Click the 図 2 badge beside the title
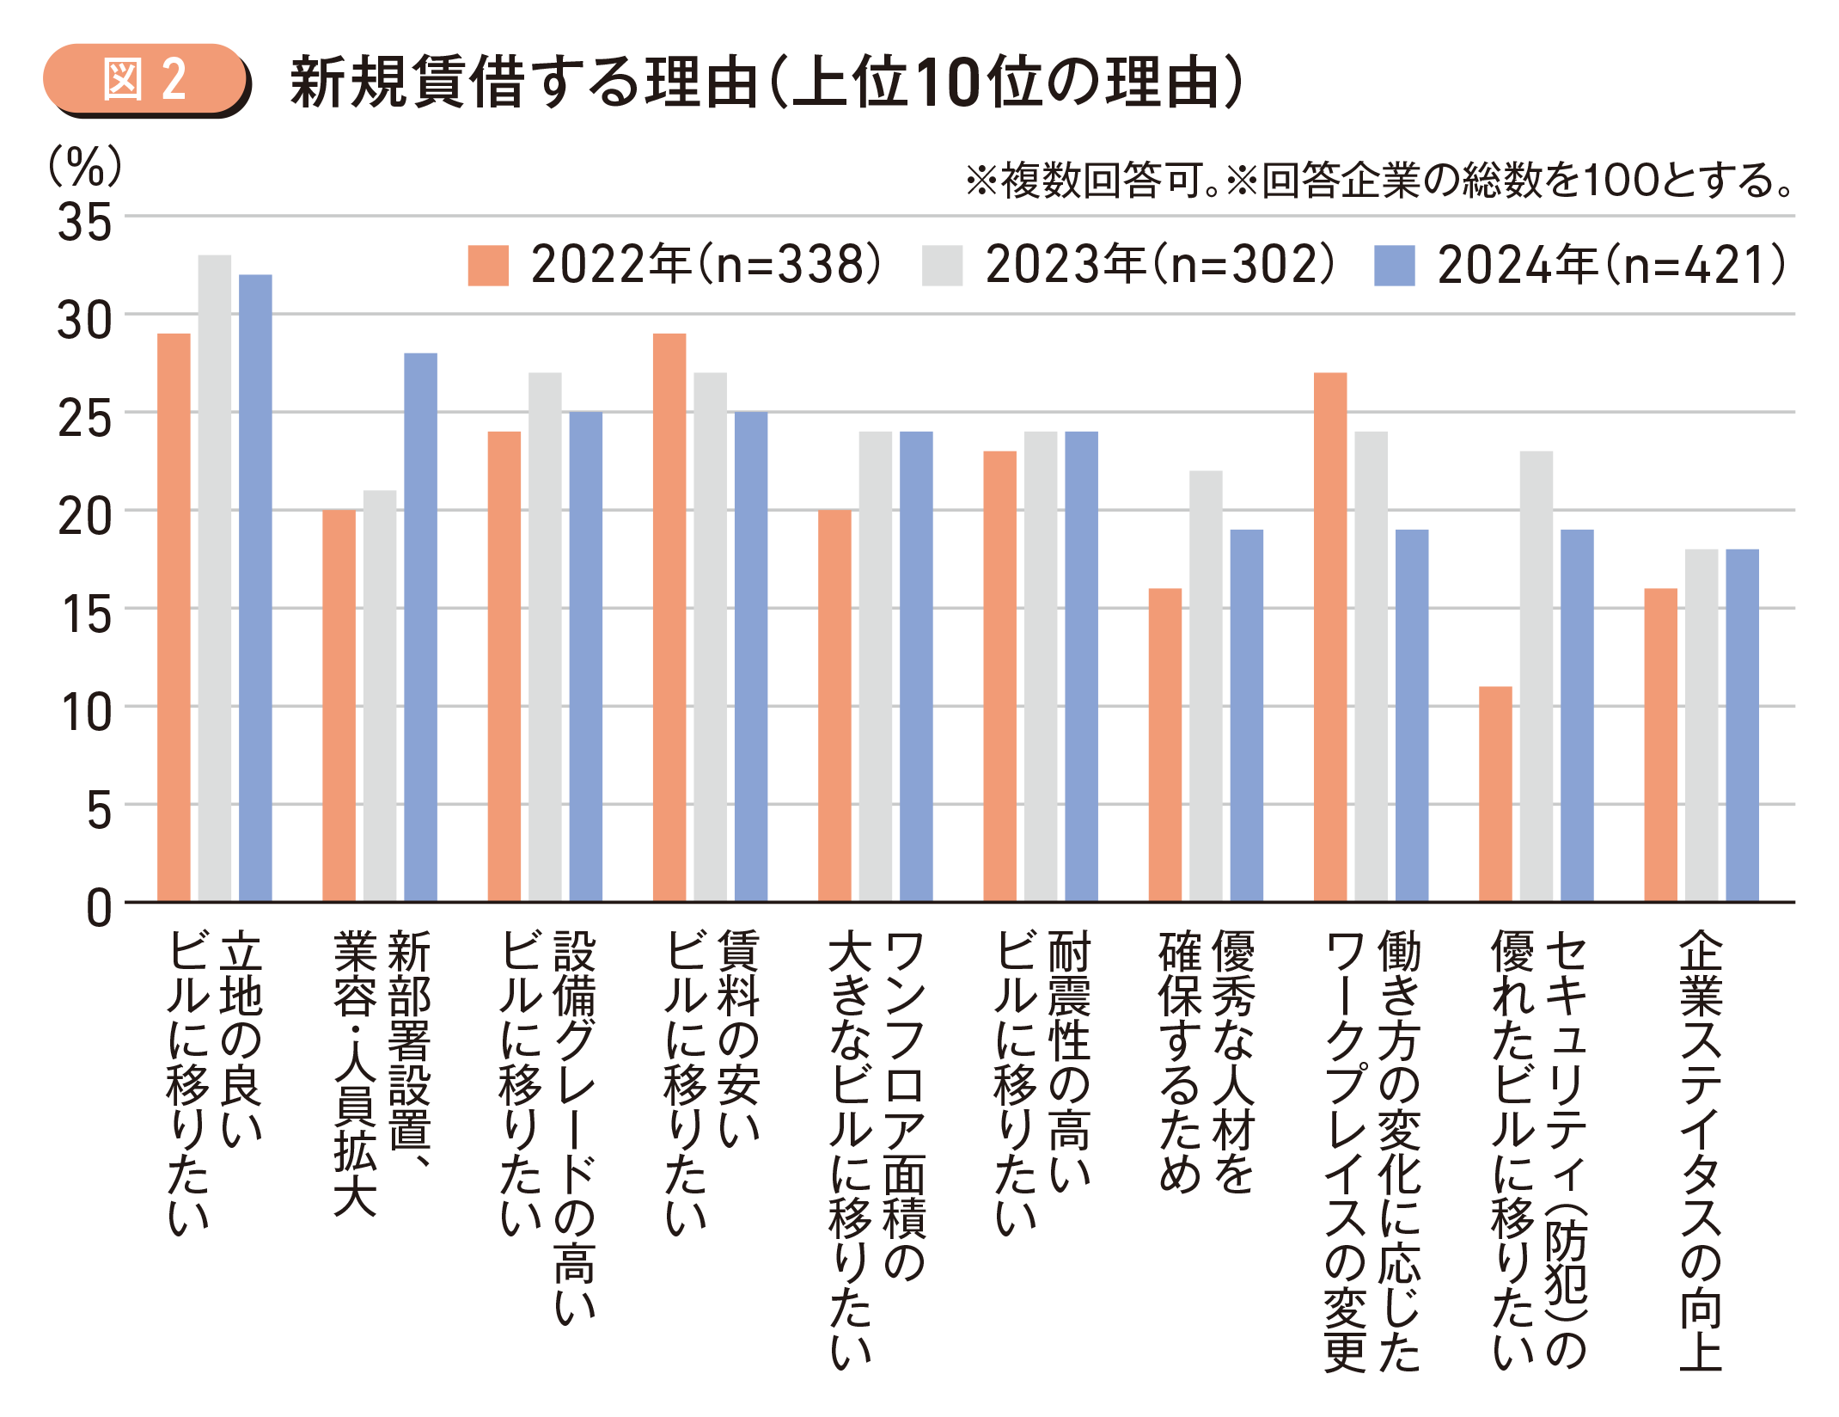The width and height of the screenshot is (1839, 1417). pos(144,79)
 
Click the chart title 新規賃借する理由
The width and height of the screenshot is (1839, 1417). pos(524,83)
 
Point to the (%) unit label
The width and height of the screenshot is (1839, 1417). pos(84,165)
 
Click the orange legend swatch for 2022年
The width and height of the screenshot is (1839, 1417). pos(487,265)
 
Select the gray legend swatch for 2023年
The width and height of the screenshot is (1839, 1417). pos(942,265)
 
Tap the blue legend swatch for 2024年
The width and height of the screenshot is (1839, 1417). pos(1394,265)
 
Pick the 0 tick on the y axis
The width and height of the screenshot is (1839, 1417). pos(98,908)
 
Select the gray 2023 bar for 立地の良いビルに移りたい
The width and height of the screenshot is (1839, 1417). pos(215,578)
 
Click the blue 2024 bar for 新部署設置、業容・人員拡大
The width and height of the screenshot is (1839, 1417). pos(420,628)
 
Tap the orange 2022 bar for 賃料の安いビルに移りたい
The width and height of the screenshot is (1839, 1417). pos(669,617)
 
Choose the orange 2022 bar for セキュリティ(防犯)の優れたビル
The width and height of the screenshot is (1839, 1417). pos(1495,794)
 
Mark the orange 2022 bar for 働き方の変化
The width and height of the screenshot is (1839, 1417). pos(1330,637)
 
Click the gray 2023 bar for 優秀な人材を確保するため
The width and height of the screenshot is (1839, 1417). pos(1206,686)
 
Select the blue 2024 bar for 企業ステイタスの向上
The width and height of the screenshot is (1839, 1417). pos(1742,726)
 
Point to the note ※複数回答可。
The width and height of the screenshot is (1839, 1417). pos(1091,181)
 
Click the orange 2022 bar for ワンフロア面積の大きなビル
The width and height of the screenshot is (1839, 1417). pos(834,706)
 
